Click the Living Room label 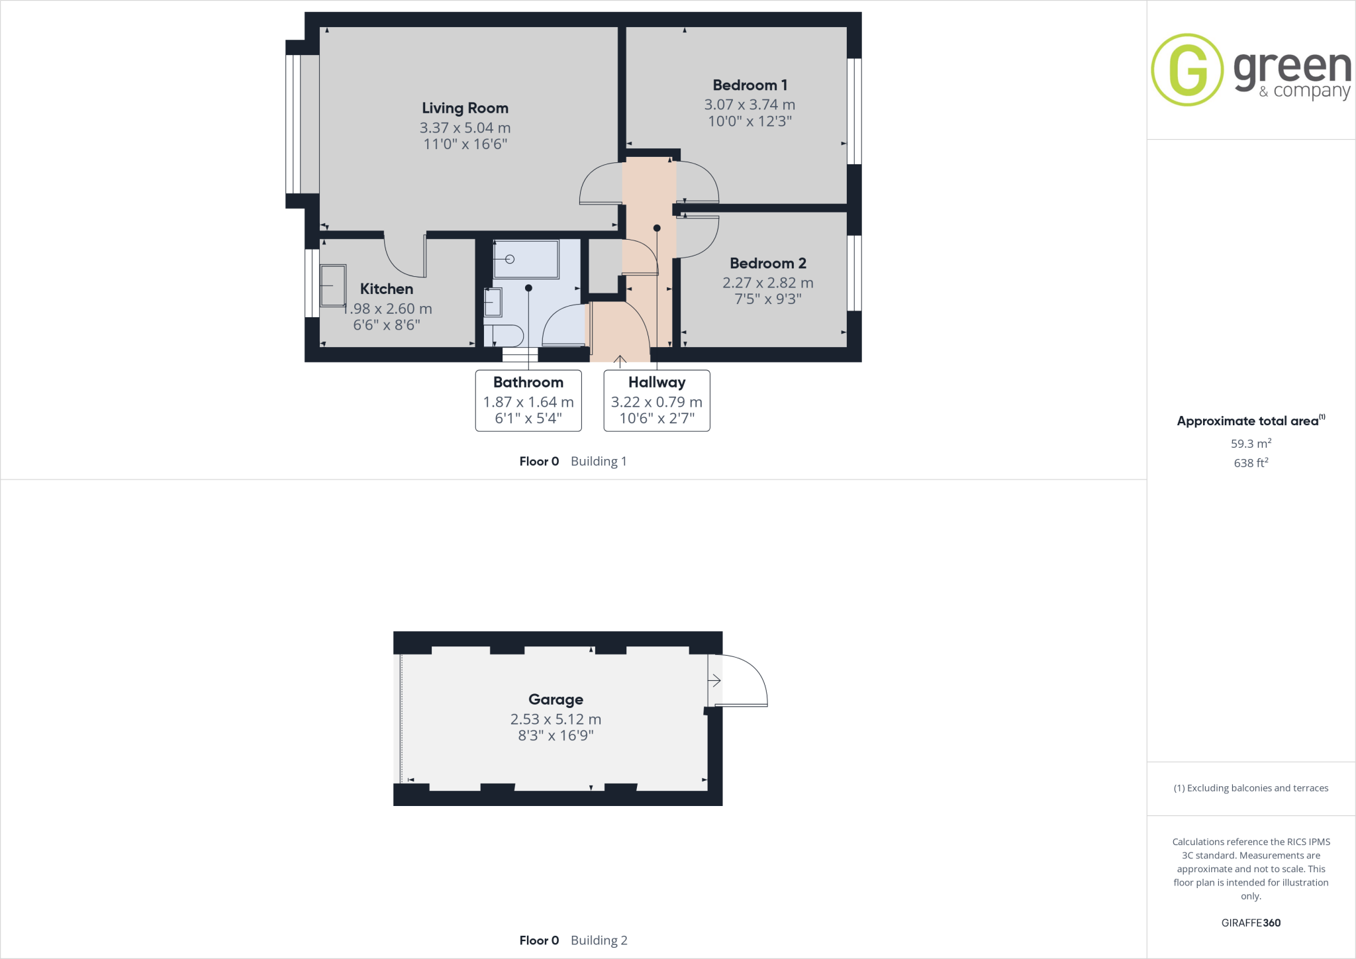[x=465, y=108]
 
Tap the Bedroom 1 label [x=750, y=85]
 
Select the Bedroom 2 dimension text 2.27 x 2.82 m [x=767, y=283]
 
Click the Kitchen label [x=386, y=289]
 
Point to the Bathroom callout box [x=528, y=401]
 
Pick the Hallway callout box [x=656, y=401]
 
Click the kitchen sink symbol [x=332, y=285]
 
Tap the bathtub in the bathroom [x=526, y=259]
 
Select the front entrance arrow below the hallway [x=620, y=361]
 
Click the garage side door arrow [x=714, y=680]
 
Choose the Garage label [x=556, y=699]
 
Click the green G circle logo [x=1187, y=70]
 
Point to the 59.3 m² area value [x=1251, y=444]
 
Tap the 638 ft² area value [x=1251, y=463]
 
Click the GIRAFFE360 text [x=1251, y=923]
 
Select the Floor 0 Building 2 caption [x=573, y=940]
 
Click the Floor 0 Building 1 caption [x=573, y=462]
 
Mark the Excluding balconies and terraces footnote [x=1251, y=788]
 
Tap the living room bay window [x=293, y=124]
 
